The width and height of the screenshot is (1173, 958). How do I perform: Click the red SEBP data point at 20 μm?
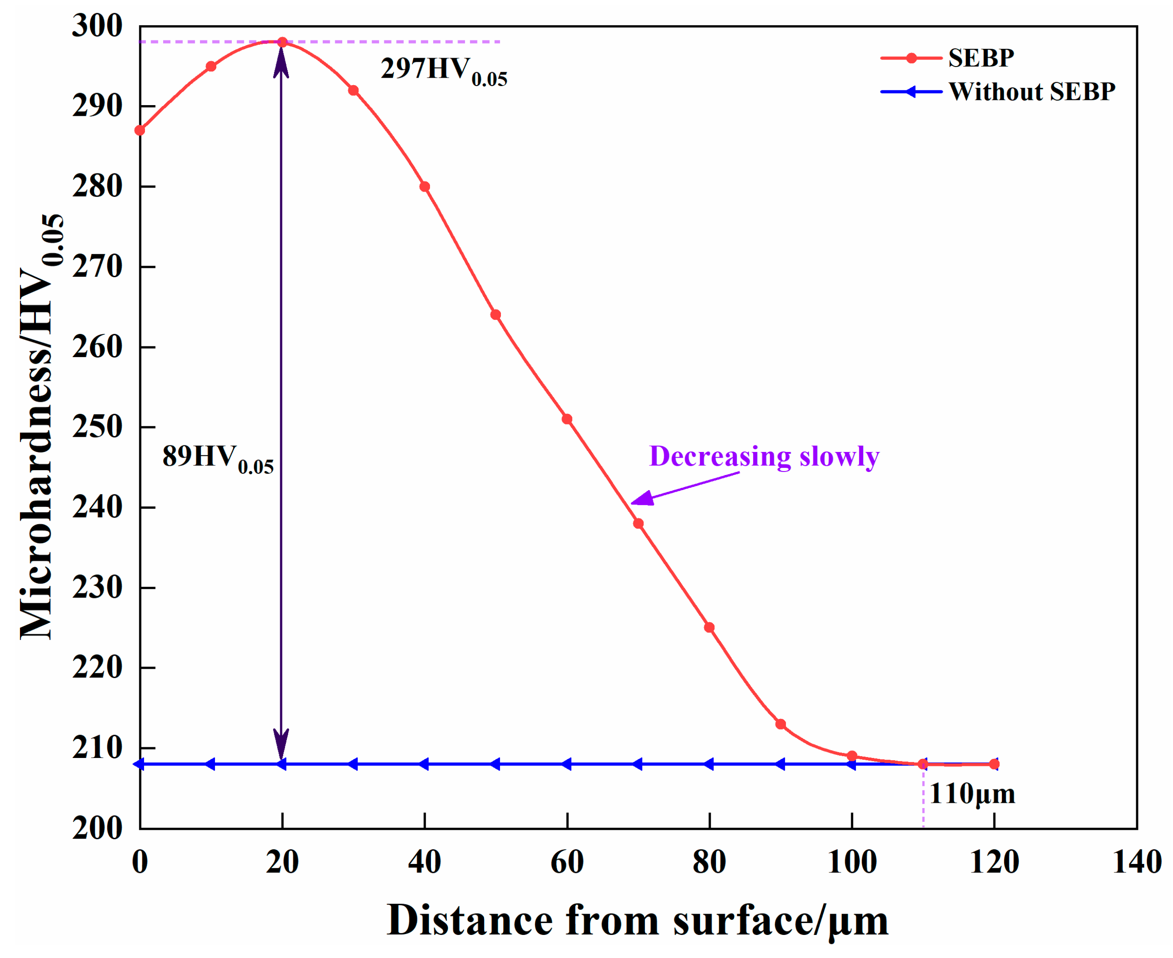pyautogui.click(x=282, y=42)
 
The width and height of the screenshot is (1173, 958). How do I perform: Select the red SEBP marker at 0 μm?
pyautogui.click(x=140, y=130)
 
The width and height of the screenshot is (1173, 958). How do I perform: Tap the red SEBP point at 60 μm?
pyautogui.click(x=567, y=420)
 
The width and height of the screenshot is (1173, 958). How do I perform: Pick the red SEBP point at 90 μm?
pyautogui.click(x=780, y=724)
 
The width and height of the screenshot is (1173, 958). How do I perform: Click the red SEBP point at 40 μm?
pyautogui.click(x=425, y=187)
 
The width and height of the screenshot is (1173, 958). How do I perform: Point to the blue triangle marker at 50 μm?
pyautogui.click(x=495, y=764)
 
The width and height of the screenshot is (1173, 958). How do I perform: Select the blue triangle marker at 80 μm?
pyautogui.click(x=709, y=764)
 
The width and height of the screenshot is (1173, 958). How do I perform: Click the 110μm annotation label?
pyautogui.click(x=972, y=795)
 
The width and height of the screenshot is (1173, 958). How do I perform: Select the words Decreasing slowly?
pyautogui.click(x=764, y=457)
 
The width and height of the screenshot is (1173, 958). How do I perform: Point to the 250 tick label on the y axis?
pyautogui.click(x=97, y=427)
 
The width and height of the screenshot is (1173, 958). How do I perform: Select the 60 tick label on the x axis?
pyautogui.click(x=567, y=863)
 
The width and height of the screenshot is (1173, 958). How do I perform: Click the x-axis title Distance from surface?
pyautogui.click(x=637, y=920)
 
